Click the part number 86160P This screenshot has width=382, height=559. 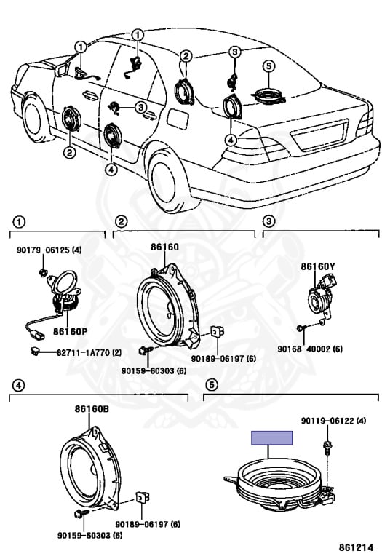click(x=70, y=332)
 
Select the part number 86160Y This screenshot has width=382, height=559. click(x=318, y=266)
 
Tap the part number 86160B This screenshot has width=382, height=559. click(x=92, y=409)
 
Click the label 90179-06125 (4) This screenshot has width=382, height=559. click(x=49, y=250)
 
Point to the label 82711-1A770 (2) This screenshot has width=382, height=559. click(x=89, y=353)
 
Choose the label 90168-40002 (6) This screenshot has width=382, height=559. click(x=310, y=349)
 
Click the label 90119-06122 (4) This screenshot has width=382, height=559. click(x=333, y=421)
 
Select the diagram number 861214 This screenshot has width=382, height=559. click(x=356, y=547)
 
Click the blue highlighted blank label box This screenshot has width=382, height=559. click(x=272, y=437)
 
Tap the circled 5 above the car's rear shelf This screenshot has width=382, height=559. click(x=269, y=66)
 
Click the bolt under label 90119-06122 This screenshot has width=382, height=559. click(x=327, y=448)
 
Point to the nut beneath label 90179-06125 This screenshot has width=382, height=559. click(x=42, y=272)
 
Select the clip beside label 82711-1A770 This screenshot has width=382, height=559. click(x=35, y=352)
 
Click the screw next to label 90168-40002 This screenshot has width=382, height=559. click(x=300, y=328)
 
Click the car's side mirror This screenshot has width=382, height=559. click(x=63, y=70)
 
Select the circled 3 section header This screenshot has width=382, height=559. click(x=268, y=221)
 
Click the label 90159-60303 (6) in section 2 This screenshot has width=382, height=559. click(x=154, y=370)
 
